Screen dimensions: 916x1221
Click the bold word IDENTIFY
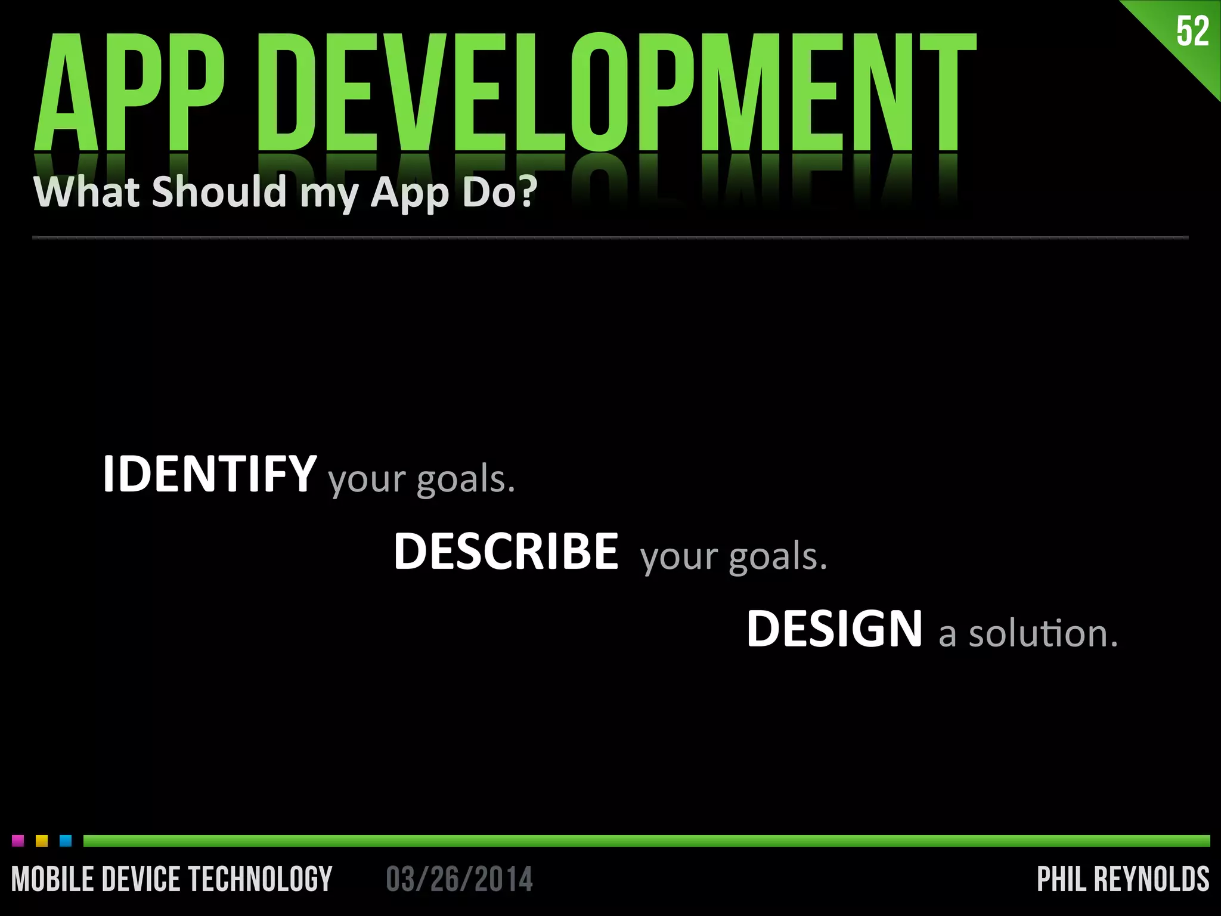click(209, 474)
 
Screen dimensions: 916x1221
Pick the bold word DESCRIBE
click(506, 552)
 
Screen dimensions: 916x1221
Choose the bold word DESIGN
click(834, 629)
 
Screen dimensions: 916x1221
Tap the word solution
click(1043, 633)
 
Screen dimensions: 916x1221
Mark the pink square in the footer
click(18, 841)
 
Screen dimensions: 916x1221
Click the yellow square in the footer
click(42, 841)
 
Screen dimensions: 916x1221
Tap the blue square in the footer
click(66, 841)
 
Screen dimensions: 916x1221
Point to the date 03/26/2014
click(459, 879)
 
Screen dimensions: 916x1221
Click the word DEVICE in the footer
click(141, 879)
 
